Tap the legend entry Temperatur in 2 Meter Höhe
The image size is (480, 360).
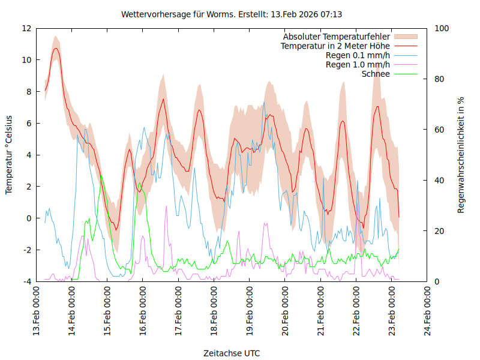click(335, 46)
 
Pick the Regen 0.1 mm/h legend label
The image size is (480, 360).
click(358, 55)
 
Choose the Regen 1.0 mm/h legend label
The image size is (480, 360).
click(358, 64)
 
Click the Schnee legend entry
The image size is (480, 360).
click(376, 74)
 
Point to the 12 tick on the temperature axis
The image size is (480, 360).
click(26, 28)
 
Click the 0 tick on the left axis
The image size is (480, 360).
click(29, 218)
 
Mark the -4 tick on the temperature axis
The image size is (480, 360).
click(27, 281)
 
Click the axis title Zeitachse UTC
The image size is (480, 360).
click(232, 353)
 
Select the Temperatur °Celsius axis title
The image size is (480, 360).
click(9, 155)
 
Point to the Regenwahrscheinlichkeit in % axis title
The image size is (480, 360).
click(461, 155)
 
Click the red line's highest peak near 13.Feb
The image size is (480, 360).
click(56, 49)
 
